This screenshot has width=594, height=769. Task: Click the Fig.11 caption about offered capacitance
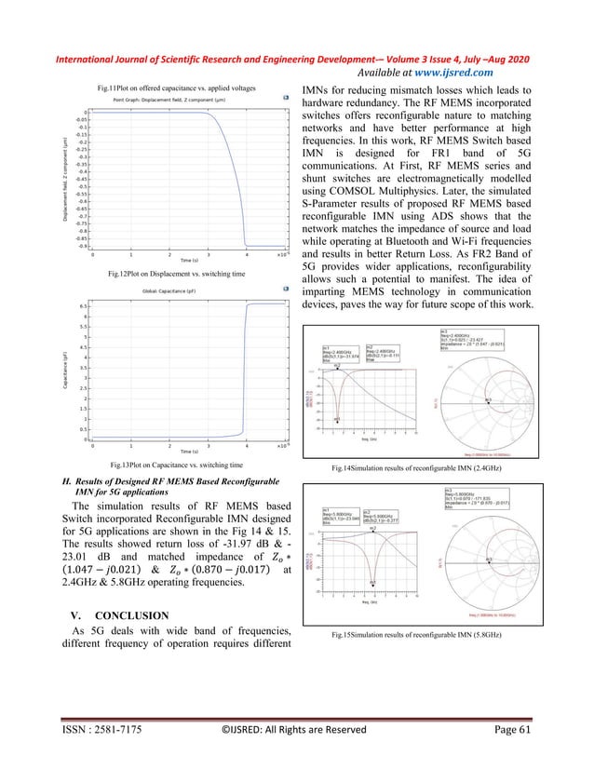177,88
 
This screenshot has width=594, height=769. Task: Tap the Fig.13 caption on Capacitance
177,463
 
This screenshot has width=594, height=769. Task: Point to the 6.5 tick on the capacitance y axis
83,305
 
